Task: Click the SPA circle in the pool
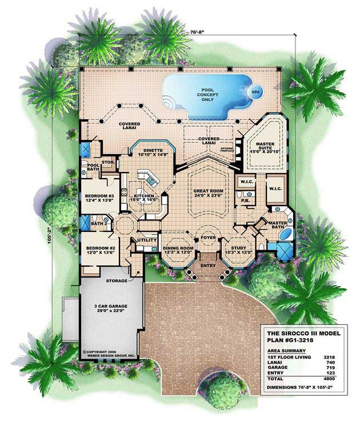point(252,91)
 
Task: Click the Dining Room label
point(178,250)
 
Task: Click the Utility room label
point(146,241)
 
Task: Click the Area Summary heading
point(285,349)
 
